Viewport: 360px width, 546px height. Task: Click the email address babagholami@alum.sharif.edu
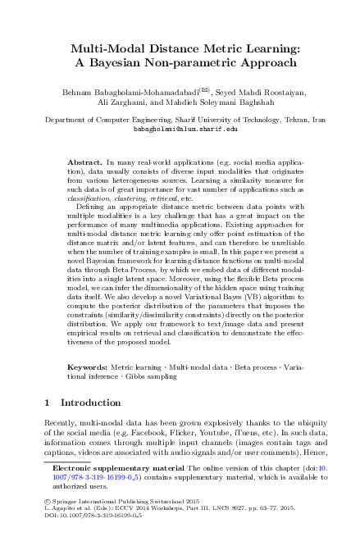click(x=180, y=129)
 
